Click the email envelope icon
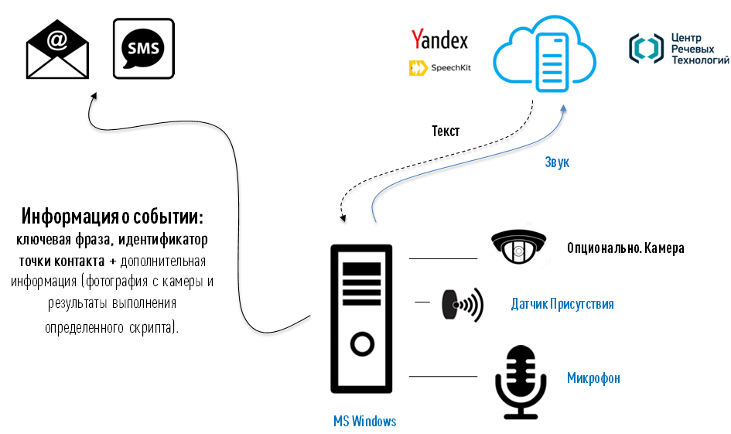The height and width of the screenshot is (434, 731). click(57, 49)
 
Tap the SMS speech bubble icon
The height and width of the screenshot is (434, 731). click(143, 49)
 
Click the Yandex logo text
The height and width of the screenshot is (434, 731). click(439, 39)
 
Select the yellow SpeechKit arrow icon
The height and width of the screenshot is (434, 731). click(418, 68)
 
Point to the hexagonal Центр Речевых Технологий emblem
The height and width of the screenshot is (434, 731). click(646, 49)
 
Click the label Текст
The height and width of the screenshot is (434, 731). click(446, 132)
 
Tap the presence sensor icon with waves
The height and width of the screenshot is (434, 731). click(462, 304)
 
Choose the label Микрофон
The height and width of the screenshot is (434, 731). click(593, 378)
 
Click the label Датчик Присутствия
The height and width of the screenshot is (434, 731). click(562, 304)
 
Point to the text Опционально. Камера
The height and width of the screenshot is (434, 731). click(625, 248)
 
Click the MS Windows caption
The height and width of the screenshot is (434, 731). click(364, 421)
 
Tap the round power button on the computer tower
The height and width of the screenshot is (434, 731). click(361, 343)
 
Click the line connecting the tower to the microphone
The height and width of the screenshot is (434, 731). click(442, 377)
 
